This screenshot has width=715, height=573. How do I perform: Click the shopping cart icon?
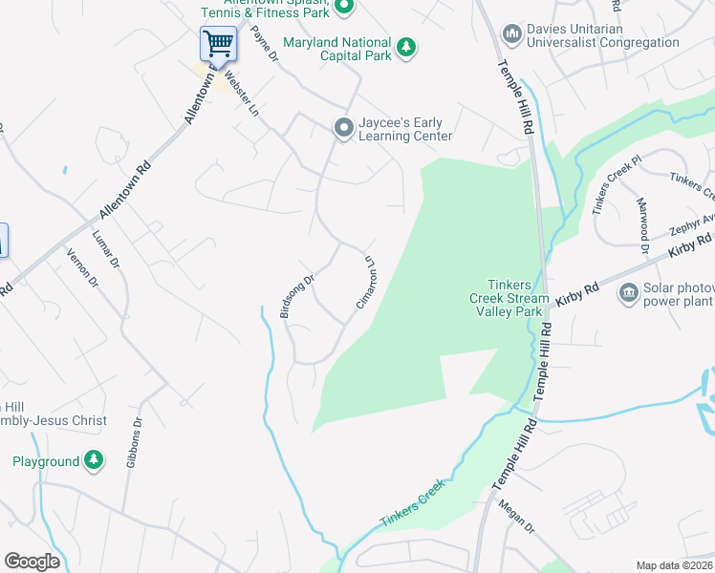pyautogui.click(x=218, y=43)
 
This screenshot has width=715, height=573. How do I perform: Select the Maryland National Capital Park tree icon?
pyautogui.click(x=406, y=46)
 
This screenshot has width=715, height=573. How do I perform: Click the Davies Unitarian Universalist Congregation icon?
pyautogui.click(x=512, y=34)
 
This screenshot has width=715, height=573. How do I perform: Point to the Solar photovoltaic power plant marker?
pyautogui.click(x=629, y=292)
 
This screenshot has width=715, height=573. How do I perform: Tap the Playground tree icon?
pyautogui.click(x=94, y=462)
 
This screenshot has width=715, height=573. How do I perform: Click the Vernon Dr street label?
pyautogui.click(x=82, y=268)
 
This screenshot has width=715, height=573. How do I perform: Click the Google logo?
pyautogui.click(x=32, y=562)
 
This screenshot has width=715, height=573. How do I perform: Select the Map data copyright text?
pyautogui.click(x=674, y=565)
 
